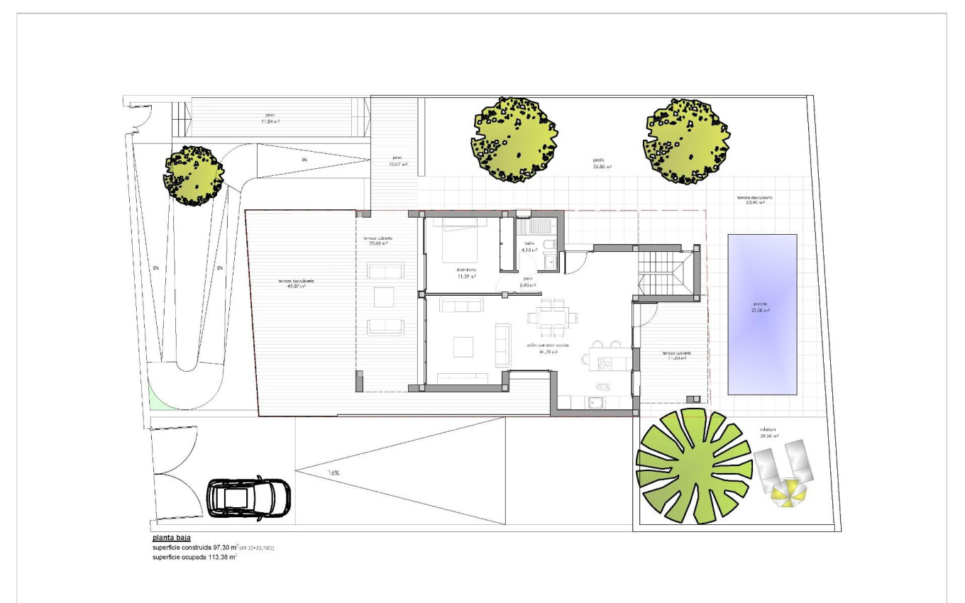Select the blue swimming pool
tap(762, 314)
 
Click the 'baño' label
tap(529, 243)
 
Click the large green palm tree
tap(693, 466)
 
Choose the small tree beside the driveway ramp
tap(193, 175)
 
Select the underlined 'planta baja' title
tap(171, 538)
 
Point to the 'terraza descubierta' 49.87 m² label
tap(296, 282)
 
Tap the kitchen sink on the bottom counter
tap(595, 402)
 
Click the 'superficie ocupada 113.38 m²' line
tap(194, 557)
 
